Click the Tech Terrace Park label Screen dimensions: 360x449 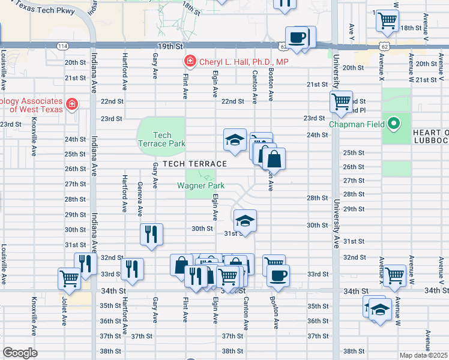[x=162, y=139]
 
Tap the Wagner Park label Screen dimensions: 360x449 [x=200, y=185]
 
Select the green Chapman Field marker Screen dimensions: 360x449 [x=393, y=124]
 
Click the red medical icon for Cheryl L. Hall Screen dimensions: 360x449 [x=189, y=61]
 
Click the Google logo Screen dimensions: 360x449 [x=20, y=353]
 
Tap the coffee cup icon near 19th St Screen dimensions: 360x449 [x=297, y=38]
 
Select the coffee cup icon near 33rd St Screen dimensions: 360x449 [x=278, y=275]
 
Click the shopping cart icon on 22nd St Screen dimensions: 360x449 [x=342, y=101]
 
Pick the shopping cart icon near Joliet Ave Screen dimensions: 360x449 [x=70, y=278]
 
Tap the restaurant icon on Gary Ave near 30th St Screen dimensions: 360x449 [x=151, y=233]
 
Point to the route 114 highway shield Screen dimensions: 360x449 [x=62, y=46]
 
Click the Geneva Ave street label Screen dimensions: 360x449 [x=140, y=199]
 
